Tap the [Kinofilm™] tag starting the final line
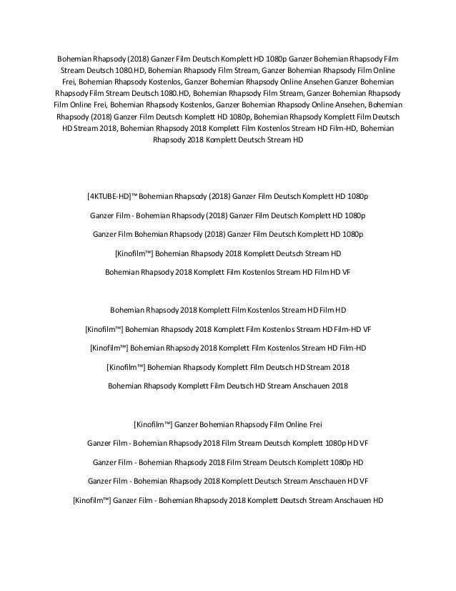tap(91, 501)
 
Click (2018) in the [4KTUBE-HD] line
tap(215, 195)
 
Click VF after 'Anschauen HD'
tap(363, 482)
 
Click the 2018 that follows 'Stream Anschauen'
tap(341, 386)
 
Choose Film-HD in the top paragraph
tap(355, 129)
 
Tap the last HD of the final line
tap(377, 501)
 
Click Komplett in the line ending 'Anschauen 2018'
tap(190, 386)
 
